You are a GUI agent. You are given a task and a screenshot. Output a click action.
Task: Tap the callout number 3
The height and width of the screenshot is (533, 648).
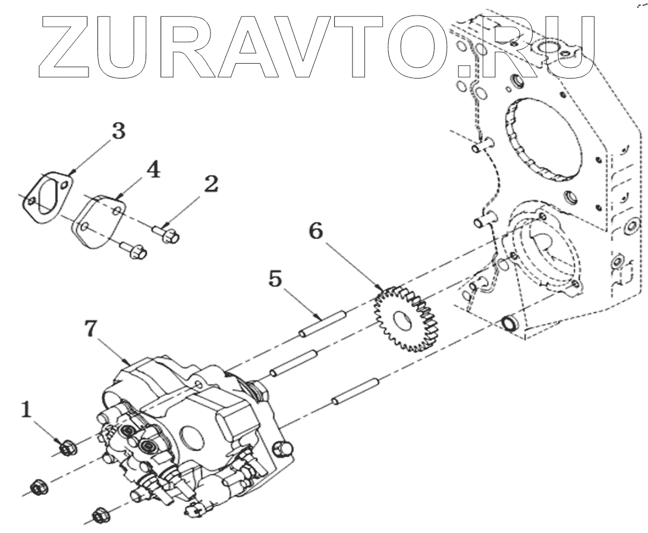pyautogui.click(x=119, y=131)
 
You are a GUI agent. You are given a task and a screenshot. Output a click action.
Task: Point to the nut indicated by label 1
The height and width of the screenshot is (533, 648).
pyautogui.click(x=67, y=446)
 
